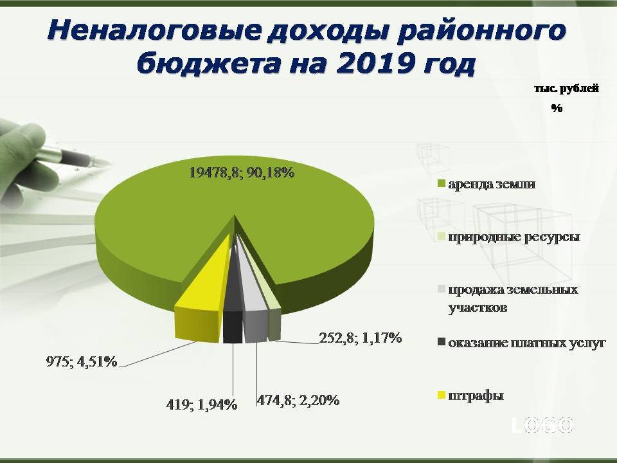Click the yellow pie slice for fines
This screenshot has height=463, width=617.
click(x=199, y=303)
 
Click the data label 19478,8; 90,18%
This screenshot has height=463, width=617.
click(x=242, y=172)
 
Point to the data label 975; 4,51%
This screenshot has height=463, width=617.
click(x=82, y=361)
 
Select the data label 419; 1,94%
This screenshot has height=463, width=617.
click(x=201, y=404)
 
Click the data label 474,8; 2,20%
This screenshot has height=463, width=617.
click(x=298, y=401)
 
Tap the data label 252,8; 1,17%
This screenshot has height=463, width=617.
click(x=360, y=338)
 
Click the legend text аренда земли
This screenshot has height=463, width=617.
click(x=492, y=185)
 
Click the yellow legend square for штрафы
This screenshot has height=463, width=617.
click(x=441, y=395)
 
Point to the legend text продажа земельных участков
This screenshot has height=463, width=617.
click(x=513, y=298)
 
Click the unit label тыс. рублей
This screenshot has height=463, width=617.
click(x=567, y=89)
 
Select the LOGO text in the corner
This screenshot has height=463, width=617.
click(x=542, y=425)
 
